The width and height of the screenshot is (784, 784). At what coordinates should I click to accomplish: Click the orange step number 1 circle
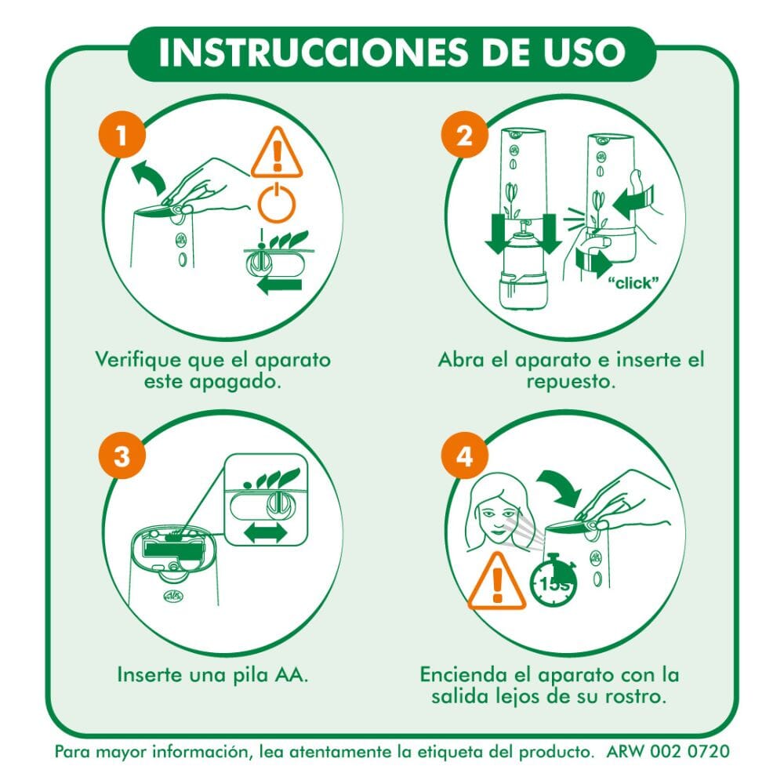tap(122, 135)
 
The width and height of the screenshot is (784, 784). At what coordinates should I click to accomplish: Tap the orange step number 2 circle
tap(464, 135)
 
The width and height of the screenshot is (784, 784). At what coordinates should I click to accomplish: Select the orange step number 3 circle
tap(122, 456)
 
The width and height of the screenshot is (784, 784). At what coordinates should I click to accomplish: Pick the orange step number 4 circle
tap(464, 456)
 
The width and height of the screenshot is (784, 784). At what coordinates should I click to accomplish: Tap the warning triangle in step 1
tap(277, 153)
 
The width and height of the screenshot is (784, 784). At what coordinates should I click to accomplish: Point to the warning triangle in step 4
tap(497, 582)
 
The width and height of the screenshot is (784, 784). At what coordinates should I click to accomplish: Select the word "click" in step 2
tap(633, 283)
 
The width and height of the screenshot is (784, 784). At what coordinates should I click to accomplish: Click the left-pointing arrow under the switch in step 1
tap(280, 285)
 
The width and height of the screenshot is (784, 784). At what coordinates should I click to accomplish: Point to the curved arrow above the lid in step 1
tap(149, 175)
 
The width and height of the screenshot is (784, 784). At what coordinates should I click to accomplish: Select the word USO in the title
tap(585, 52)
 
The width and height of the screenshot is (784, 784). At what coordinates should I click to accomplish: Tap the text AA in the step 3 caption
tap(291, 675)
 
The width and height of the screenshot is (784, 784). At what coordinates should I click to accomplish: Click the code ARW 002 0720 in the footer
tap(668, 752)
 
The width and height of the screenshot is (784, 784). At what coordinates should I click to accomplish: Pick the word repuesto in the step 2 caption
tap(571, 382)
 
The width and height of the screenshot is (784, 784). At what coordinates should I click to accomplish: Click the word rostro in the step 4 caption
tap(636, 696)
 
